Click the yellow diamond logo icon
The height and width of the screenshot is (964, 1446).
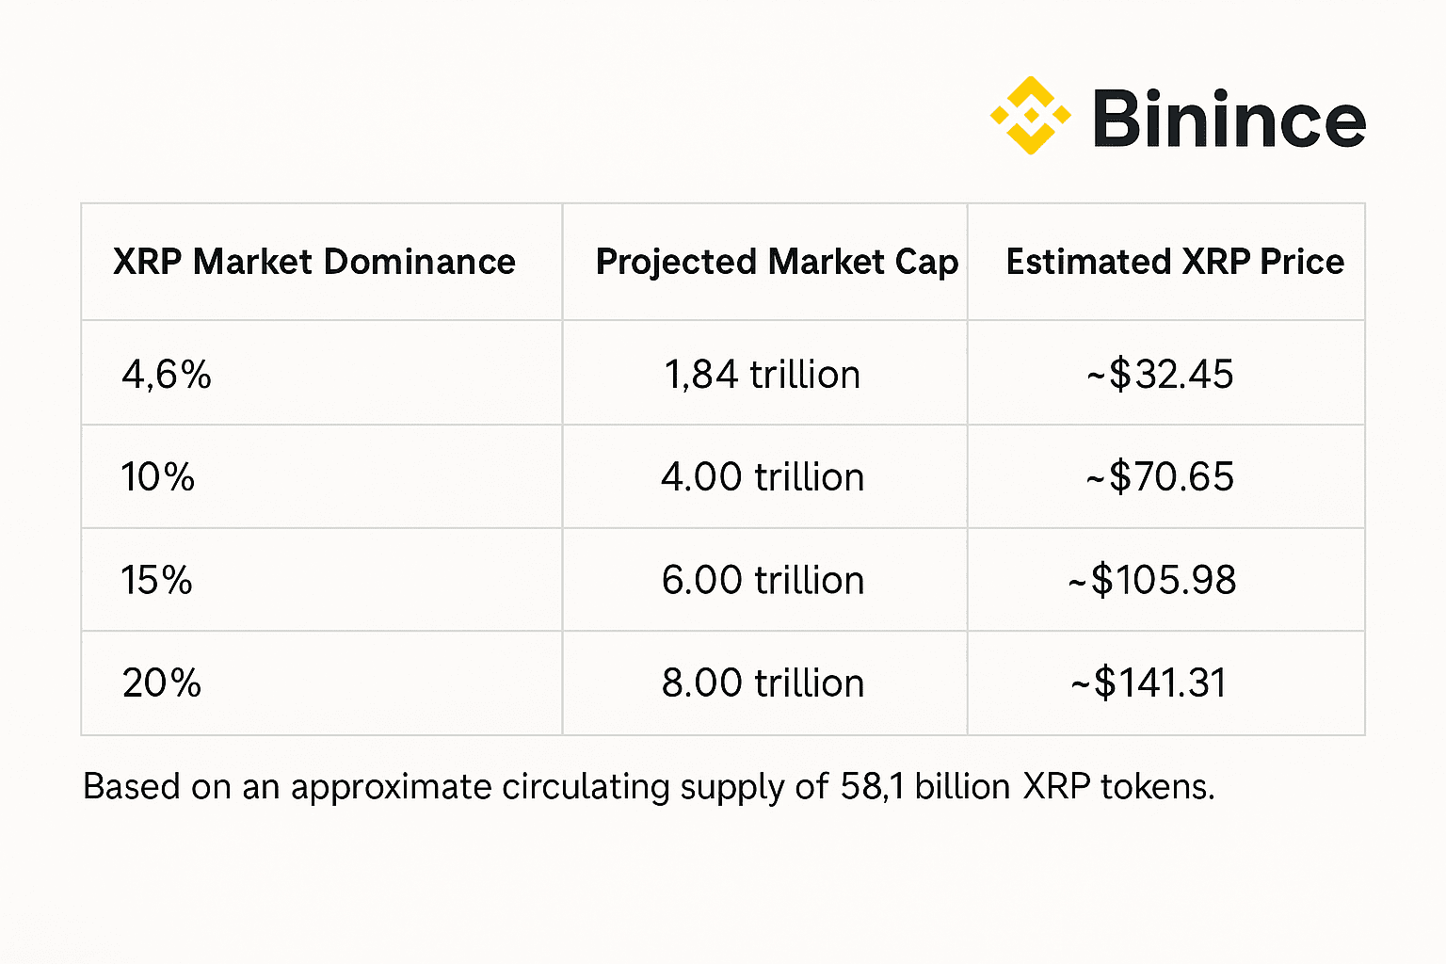[1030, 116]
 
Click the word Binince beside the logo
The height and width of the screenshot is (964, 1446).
[1229, 120]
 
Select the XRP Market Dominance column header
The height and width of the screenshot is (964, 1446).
[313, 262]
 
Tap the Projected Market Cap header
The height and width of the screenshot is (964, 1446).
[777, 262]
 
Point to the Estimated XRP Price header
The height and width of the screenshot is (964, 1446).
[1175, 262]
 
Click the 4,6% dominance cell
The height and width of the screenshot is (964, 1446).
[167, 375]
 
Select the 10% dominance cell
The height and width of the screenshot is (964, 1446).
[157, 477]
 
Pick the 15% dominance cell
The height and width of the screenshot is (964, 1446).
[156, 580]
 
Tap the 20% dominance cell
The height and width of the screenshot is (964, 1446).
[161, 683]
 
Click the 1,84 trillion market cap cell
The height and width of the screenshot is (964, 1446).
[762, 375]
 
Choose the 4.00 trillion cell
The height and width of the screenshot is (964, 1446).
[762, 477]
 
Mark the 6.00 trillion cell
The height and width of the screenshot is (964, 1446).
[762, 580]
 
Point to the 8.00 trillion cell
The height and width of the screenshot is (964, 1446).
[762, 683]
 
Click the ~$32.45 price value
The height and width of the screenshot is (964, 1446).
[1160, 375]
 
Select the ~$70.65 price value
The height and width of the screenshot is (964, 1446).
[1160, 477]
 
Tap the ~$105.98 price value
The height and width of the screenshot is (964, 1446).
[1152, 580]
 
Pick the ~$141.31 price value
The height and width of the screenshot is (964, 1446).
[1149, 683]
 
